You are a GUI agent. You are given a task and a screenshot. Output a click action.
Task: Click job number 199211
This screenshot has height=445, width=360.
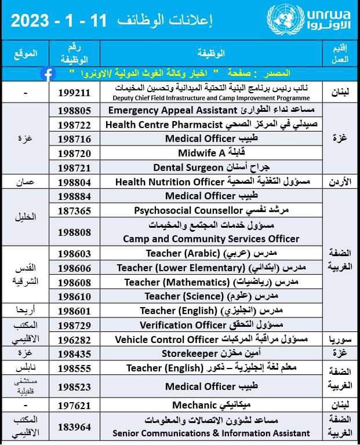tap(75, 92)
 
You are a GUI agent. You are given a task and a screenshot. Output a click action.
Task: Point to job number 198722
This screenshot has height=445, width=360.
tap(75, 125)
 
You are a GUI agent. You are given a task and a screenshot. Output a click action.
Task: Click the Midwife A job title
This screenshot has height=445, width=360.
tap(194, 153)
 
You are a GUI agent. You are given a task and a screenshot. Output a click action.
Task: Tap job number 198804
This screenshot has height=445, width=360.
tap(75, 182)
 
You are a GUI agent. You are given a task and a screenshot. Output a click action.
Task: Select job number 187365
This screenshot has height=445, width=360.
tap(75, 210)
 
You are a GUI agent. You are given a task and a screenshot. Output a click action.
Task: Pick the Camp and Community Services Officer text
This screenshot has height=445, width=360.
tap(211, 238)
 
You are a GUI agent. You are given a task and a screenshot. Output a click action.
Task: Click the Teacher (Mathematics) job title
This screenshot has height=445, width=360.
tap(177, 282)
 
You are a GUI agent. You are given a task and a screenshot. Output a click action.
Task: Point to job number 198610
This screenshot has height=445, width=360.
tap(75, 297)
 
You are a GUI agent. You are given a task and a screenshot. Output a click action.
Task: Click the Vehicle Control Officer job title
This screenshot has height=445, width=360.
tap(166, 339)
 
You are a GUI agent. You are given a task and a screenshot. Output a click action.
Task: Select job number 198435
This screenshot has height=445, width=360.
tap(75, 353)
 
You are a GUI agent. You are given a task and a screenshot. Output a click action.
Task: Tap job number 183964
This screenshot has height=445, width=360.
tap(75, 428)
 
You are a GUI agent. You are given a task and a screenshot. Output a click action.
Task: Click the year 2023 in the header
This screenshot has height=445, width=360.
tap(36, 21)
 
